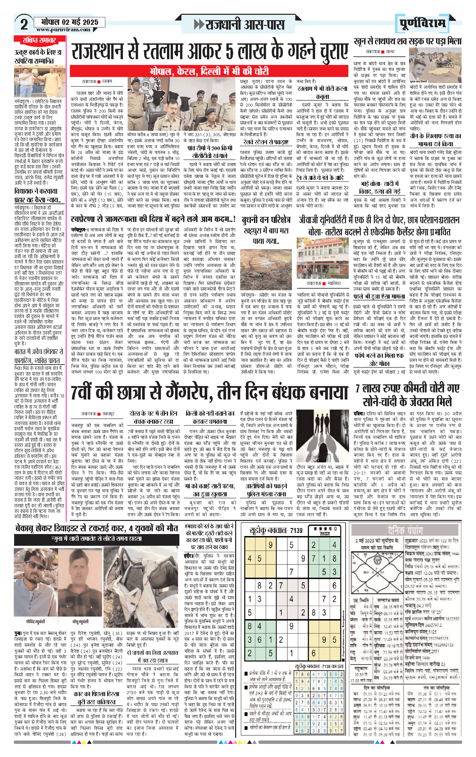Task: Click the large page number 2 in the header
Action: (x=24, y=24)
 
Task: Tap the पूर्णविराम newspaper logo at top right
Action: (x=423, y=23)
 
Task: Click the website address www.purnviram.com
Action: (x=63, y=30)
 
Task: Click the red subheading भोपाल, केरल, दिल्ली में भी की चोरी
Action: (x=209, y=71)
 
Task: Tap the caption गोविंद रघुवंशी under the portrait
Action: (x=35, y=621)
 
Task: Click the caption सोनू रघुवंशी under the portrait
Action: (x=81, y=621)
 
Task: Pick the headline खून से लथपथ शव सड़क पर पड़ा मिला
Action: (x=407, y=42)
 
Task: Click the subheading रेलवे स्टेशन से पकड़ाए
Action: (x=266, y=142)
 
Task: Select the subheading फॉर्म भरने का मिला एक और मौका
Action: (x=379, y=359)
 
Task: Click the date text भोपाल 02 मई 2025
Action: (x=70, y=22)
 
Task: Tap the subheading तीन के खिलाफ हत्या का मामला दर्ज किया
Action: (x=435, y=140)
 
